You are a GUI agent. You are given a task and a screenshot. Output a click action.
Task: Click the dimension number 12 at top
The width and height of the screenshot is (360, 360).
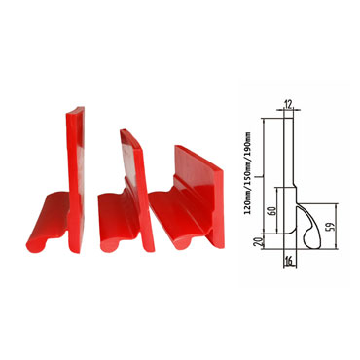pyautogui.click(x=289, y=104)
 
